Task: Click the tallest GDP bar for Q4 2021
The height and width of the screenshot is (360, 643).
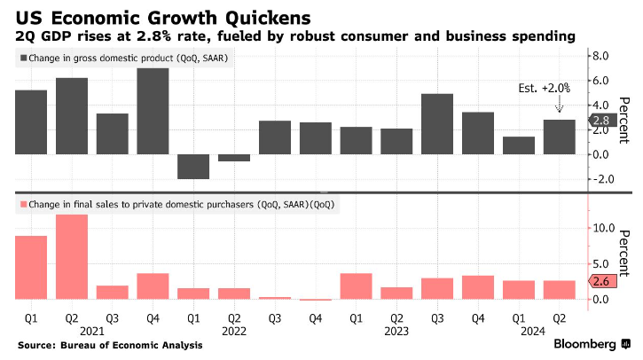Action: (153, 111)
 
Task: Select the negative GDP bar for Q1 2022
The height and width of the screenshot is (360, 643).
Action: (193, 167)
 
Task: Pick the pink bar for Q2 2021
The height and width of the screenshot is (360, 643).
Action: (72, 257)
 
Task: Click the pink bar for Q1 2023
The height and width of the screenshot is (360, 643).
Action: (356, 286)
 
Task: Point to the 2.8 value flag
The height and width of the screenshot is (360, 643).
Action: (600, 121)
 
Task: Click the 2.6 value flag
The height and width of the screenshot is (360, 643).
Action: (600, 282)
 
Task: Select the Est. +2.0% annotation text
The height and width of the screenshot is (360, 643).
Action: (544, 89)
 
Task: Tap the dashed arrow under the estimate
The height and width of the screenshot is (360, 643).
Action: (560, 106)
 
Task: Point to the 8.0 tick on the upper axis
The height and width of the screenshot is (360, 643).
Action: (599, 56)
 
